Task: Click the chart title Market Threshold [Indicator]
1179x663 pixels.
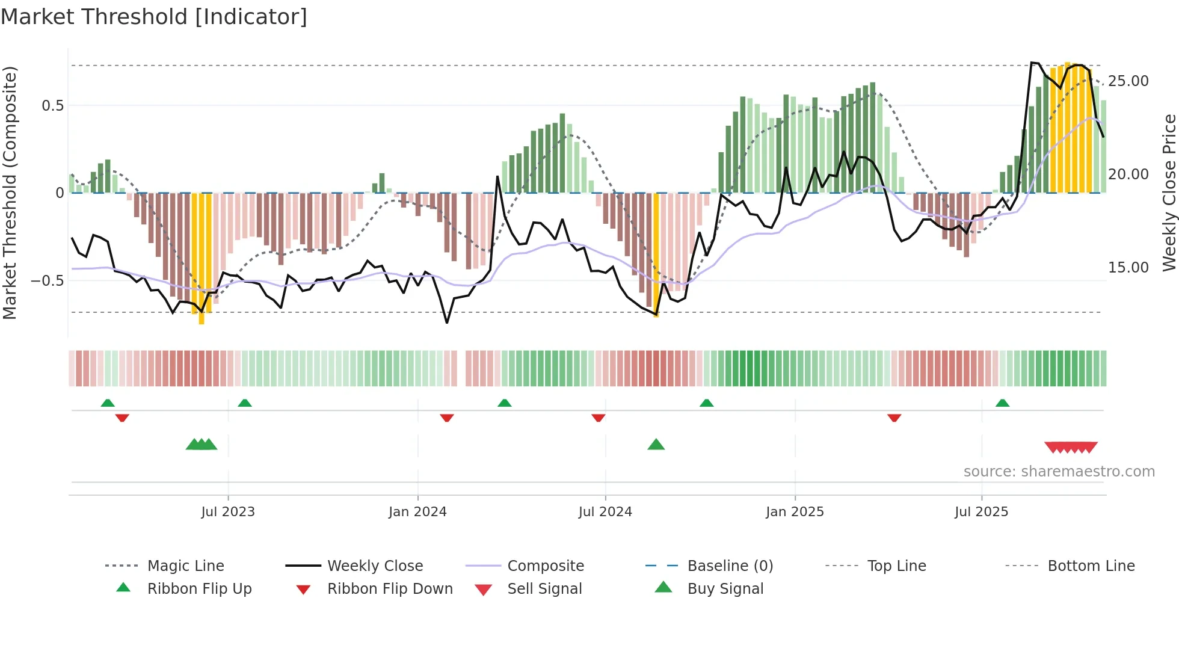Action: [154, 17]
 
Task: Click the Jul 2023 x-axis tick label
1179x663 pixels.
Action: [228, 512]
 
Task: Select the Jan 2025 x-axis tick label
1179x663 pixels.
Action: [795, 512]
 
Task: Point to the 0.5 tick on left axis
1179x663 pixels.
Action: [53, 106]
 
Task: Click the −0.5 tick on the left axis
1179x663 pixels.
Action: [48, 281]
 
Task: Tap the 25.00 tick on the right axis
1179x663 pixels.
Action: [1128, 81]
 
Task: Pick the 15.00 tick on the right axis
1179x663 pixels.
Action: [1128, 268]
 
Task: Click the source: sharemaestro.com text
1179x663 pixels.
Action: [1059, 472]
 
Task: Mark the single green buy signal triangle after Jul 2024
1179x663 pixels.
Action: [656, 445]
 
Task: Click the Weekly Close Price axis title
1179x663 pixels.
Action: [1169, 193]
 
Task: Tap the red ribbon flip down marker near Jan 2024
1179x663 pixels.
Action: [446, 418]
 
